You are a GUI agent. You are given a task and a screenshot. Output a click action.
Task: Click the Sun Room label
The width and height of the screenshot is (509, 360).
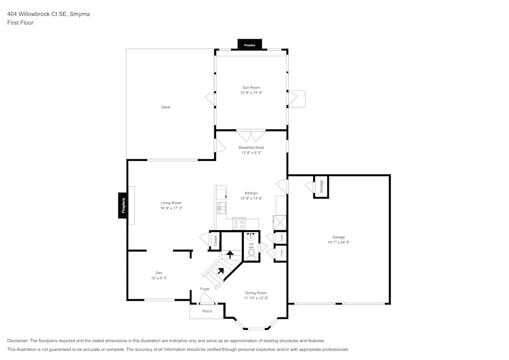click(x=251, y=88)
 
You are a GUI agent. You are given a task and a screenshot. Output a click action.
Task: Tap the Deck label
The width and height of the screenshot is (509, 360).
click(x=165, y=107)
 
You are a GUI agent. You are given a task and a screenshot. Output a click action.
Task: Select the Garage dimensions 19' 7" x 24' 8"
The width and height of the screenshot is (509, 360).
click(x=338, y=242)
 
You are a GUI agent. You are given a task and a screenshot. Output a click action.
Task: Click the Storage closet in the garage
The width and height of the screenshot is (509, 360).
click(x=321, y=186)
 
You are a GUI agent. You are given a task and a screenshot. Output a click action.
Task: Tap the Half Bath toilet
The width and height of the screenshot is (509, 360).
click(x=251, y=252)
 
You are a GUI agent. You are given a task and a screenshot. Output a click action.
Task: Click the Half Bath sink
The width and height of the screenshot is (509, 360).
click(x=251, y=236)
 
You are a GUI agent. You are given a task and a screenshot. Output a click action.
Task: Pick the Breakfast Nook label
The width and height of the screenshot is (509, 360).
click(x=251, y=148)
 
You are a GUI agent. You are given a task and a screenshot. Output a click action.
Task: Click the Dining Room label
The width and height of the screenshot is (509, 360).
click(x=256, y=293)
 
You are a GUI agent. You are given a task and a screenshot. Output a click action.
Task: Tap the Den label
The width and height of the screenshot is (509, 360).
click(x=152, y=273)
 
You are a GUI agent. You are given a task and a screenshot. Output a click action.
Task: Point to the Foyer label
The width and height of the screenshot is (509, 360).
click(x=205, y=289)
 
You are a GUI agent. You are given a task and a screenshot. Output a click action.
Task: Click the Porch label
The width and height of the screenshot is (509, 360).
click(x=207, y=311)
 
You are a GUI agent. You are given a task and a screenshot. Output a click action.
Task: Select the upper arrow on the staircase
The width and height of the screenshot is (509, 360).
click(x=230, y=253)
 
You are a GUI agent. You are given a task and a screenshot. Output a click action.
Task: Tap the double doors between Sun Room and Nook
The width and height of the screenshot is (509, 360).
click(x=251, y=136)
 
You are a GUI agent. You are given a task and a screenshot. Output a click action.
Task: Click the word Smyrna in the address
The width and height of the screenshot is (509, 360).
click(x=80, y=14)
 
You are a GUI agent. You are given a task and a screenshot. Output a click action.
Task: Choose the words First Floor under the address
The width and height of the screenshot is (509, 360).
click(x=20, y=23)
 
